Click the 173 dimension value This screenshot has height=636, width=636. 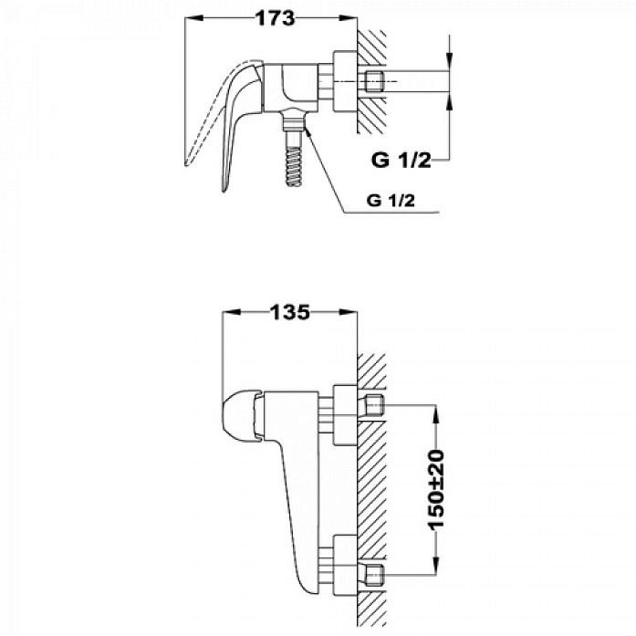[x=275, y=18]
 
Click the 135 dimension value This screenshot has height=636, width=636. [x=290, y=312]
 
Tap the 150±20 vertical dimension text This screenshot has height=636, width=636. [x=436, y=490]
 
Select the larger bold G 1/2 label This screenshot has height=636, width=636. [x=401, y=161]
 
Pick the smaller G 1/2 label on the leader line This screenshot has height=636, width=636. [x=391, y=201]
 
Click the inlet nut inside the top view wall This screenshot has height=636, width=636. [x=374, y=82]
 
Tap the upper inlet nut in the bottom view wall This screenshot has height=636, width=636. [x=374, y=404]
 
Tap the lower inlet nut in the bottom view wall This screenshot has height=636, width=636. [x=374, y=575]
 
